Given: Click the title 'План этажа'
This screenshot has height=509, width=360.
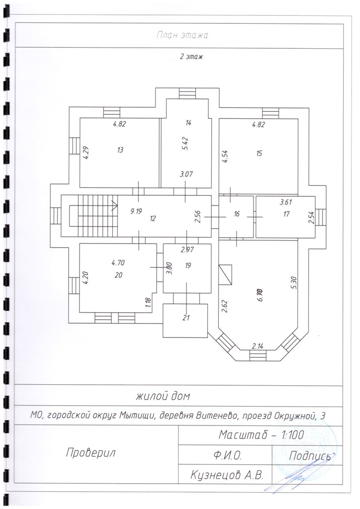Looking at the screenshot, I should [x=181, y=35].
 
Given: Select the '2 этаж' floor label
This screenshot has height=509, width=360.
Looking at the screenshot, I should [x=191, y=57].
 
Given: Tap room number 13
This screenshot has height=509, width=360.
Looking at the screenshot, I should [x=120, y=150].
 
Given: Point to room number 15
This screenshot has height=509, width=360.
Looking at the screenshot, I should [x=259, y=153].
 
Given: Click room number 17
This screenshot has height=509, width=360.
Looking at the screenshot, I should [x=286, y=214].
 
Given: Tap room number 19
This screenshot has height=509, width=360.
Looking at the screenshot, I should [x=187, y=266].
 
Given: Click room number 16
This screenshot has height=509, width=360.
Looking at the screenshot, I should [x=237, y=214].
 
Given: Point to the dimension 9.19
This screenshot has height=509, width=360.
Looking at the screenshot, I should [x=136, y=211].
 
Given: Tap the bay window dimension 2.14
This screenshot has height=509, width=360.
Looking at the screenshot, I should [x=257, y=345].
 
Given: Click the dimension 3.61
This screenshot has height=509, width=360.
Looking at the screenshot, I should [x=285, y=202].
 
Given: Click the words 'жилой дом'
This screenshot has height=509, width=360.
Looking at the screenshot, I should [x=162, y=397].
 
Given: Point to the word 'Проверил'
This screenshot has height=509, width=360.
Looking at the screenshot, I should [x=90, y=452].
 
